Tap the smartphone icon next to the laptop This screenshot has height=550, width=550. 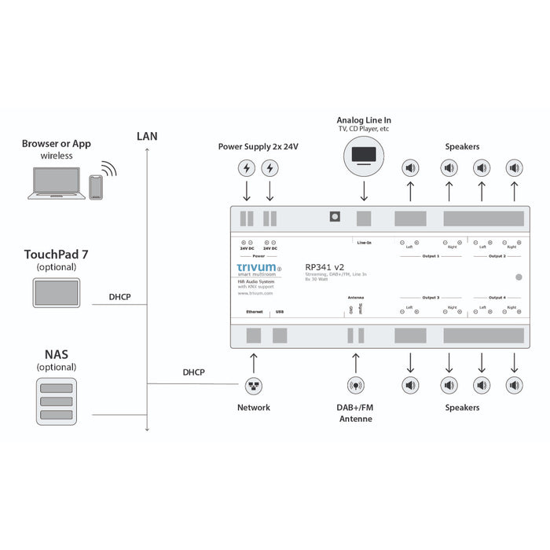point(96,187)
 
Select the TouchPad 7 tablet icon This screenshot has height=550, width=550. point(57,292)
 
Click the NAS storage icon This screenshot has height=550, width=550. point(57,401)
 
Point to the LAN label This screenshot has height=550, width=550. point(147,136)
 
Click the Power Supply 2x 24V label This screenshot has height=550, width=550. point(258,147)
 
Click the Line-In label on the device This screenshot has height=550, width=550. point(364,243)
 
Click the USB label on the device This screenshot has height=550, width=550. point(279,312)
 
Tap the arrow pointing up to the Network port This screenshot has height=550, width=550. point(254,362)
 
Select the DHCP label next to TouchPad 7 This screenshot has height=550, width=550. point(120,298)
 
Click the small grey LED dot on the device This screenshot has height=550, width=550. point(519,277)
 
